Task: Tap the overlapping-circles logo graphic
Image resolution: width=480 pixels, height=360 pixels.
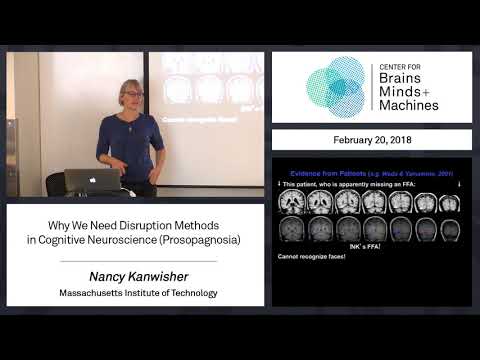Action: [x=337, y=87]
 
